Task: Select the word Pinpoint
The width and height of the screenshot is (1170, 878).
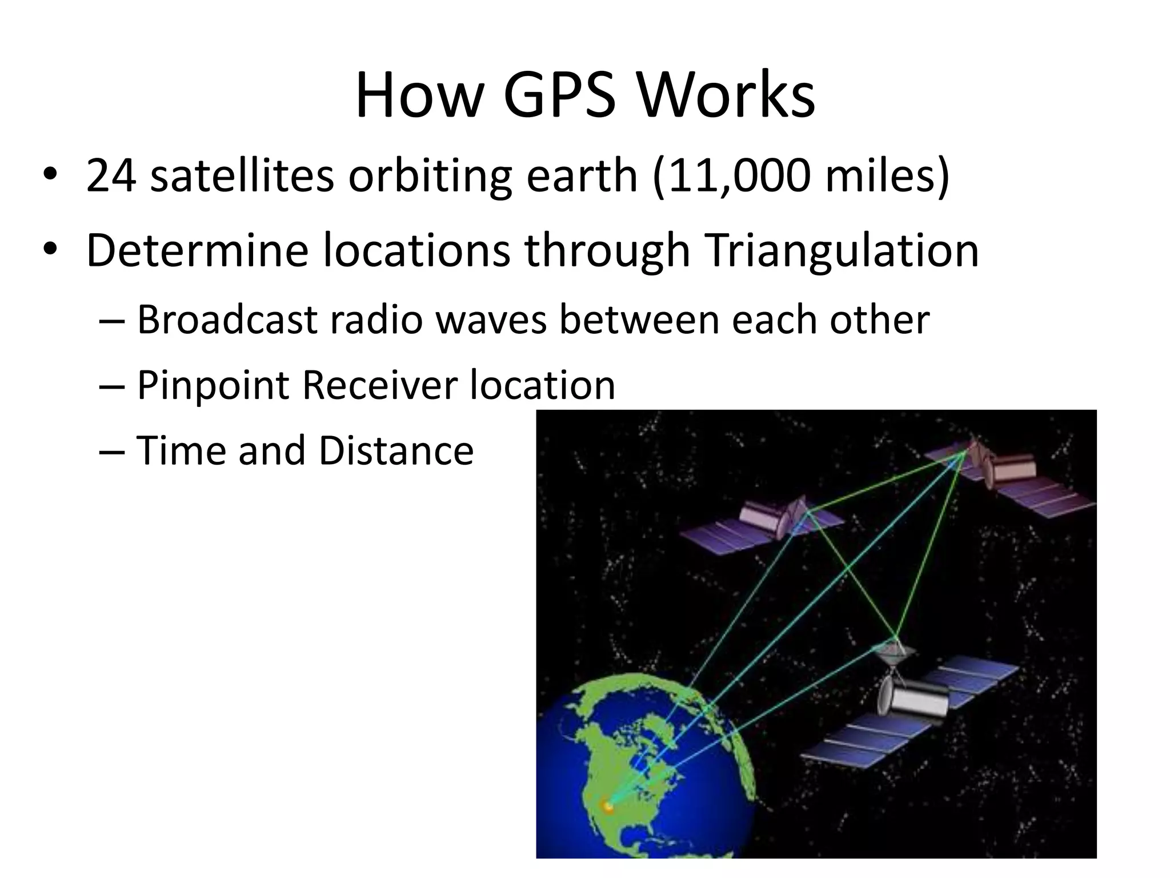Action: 213,385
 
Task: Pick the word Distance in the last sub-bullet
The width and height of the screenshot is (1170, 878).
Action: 396,450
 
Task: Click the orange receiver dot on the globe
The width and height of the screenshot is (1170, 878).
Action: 608,807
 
